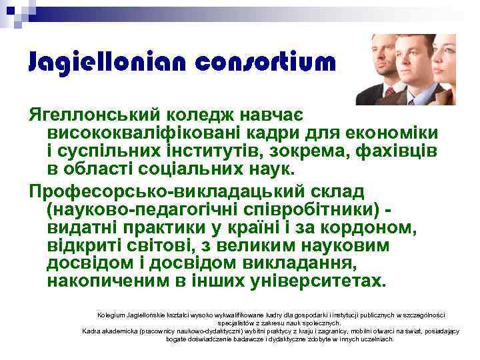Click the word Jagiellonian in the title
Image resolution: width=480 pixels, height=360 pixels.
96,62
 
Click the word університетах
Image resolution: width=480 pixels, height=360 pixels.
320,280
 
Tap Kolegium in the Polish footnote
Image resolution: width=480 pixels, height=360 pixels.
111,314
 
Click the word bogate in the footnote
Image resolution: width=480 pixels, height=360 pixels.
177,339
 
